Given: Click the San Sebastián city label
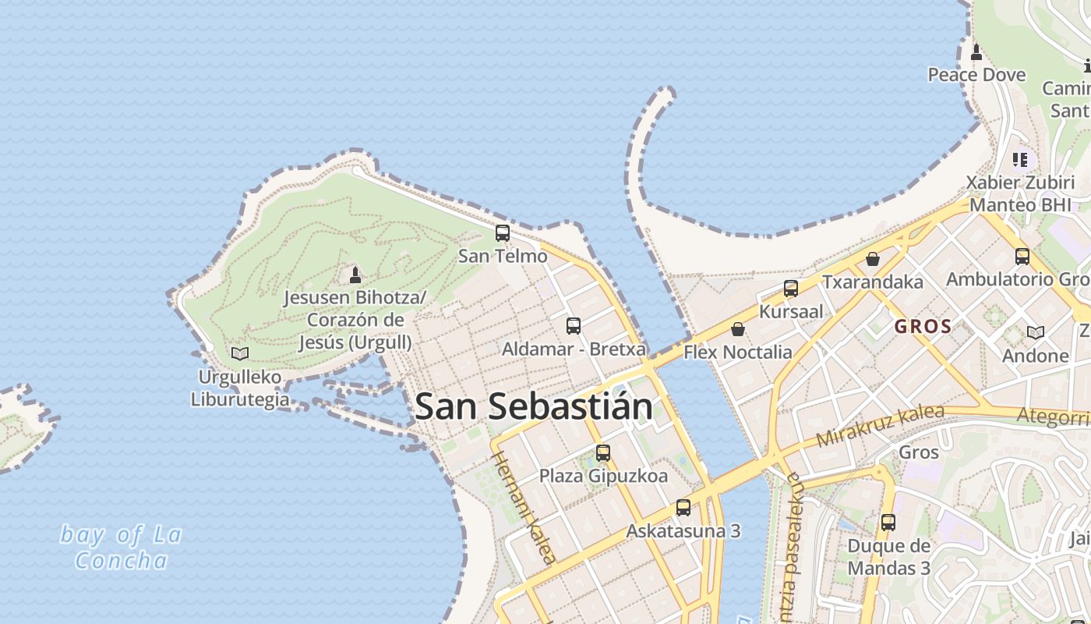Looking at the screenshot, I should coord(534,406).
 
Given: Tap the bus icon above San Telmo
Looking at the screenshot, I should coord(503,232).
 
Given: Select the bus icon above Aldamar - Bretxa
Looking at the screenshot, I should coord(574,326).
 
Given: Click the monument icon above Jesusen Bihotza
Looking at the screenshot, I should coord(355,275).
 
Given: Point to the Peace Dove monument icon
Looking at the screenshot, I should coord(976,52).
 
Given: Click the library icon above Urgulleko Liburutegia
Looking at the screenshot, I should coord(239,353).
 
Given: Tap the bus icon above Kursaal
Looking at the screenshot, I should coord(791,289).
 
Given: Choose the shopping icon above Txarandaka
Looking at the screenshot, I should coord(873,258).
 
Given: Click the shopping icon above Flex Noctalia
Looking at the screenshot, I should coord(738,329).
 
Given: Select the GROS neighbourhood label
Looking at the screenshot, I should coord(923,327).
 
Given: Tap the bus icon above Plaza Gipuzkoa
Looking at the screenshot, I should coord(603,452).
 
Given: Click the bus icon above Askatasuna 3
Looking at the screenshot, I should coord(683,508).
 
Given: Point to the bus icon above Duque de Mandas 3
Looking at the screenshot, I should coord(888,523).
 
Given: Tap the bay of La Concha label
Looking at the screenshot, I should coord(122,548).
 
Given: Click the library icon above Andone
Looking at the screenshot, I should coord(1035,332).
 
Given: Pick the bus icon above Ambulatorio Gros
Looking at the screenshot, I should coord(1022,256).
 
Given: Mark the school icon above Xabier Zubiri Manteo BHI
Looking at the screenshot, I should coord(1020,159).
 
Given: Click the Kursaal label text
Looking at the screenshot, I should coord(791,312).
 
